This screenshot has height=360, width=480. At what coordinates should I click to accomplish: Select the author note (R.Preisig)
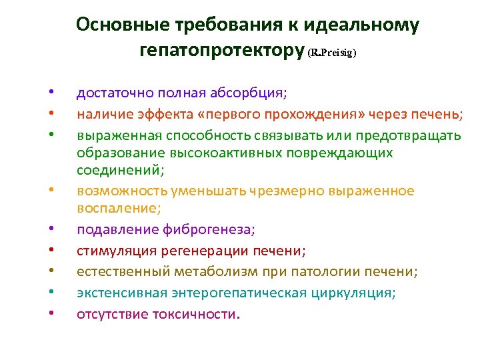(x=332, y=53)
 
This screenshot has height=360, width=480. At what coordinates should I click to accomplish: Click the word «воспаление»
(x=117, y=209)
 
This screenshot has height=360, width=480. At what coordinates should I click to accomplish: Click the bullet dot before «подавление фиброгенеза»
(x=51, y=230)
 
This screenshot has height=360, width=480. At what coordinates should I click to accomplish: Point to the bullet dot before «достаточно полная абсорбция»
(x=51, y=93)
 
